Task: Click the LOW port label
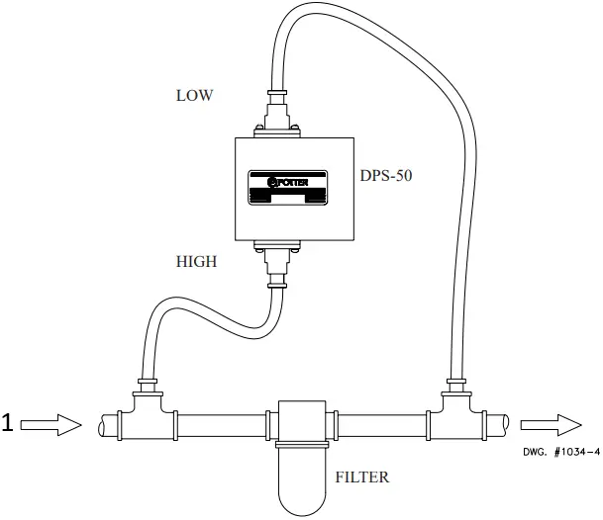195,96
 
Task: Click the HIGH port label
197,262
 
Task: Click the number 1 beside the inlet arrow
7,423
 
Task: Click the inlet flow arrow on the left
50,424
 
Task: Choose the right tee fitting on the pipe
456,415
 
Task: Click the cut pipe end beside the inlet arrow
107,424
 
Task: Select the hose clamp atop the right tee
456,381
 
